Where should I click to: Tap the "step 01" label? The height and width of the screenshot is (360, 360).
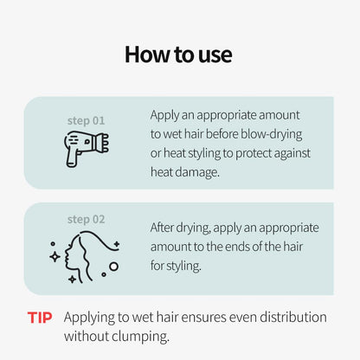coord(86,120)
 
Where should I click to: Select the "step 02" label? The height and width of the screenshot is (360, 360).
coord(86,220)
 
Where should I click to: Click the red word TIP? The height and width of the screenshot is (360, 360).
coord(40,318)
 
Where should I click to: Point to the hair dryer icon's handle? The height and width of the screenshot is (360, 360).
coord(72,157)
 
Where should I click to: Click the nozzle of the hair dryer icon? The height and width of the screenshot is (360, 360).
coord(101,143)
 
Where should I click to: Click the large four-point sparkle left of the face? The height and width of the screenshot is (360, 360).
coord(55,256)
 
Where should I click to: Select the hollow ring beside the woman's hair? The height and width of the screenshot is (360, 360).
coord(114,267)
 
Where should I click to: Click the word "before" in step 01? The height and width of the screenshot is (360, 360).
coord(222,134)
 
